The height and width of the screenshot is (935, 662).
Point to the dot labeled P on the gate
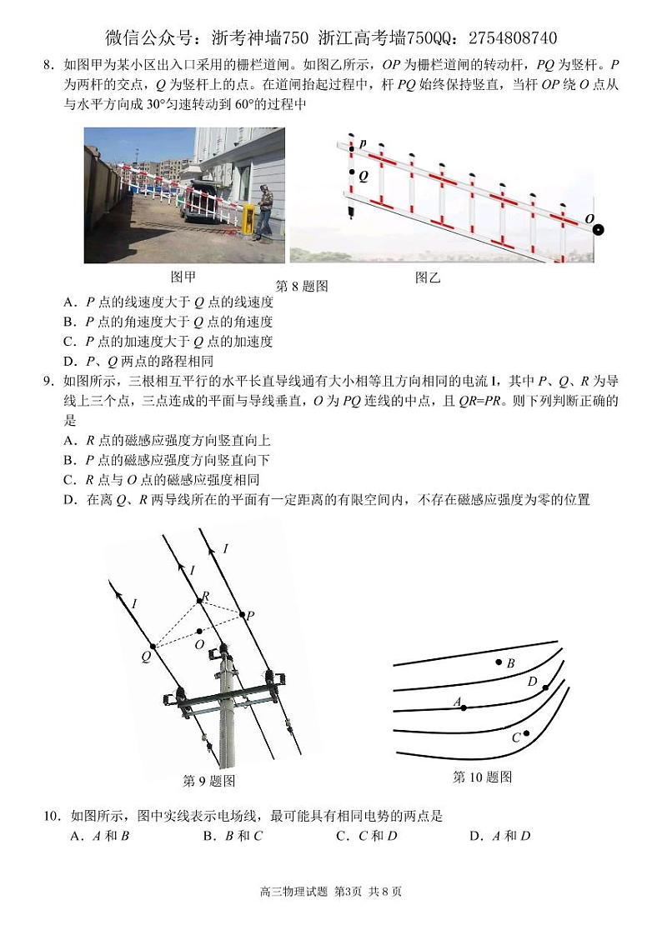coord(352,149)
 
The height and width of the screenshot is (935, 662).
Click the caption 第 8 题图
coord(302,286)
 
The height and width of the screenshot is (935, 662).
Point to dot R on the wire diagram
coord(199,600)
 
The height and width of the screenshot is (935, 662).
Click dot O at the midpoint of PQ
coord(198,631)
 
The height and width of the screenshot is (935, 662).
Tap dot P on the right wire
coord(243,615)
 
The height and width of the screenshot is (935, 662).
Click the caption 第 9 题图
coord(208,781)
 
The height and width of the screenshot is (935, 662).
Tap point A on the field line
coord(464,707)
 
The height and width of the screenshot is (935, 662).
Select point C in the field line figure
coord(526,733)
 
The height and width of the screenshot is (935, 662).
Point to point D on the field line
coord(545,687)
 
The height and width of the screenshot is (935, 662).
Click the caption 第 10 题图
coord(482,777)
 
